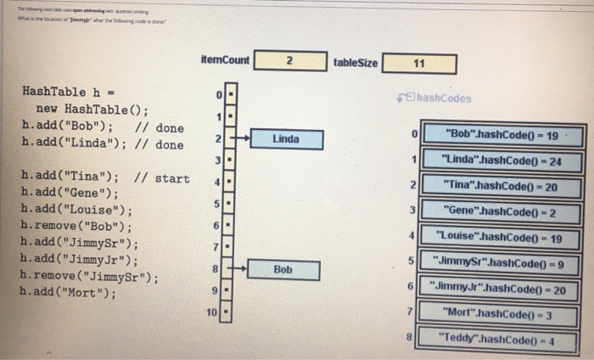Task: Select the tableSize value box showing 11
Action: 419,64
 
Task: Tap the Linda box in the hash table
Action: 285,138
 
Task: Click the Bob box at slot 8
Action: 283,270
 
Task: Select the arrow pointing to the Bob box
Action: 240,269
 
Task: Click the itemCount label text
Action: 226,59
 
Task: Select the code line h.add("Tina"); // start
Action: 105,177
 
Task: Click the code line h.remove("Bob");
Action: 76,227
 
